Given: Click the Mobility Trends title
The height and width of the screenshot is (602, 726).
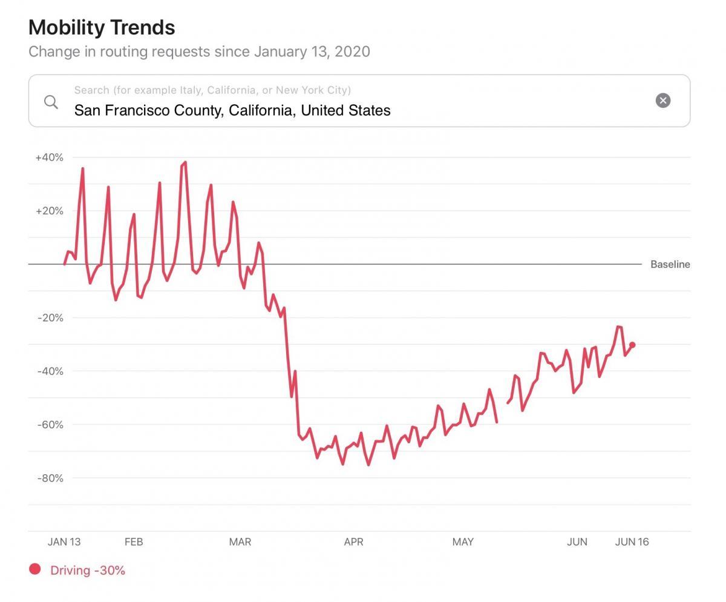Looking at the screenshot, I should tap(102, 27).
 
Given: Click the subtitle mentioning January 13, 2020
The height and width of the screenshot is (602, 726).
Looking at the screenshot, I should tap(199, 51).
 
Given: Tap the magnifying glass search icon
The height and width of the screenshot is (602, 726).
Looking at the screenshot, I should tap(51, 101).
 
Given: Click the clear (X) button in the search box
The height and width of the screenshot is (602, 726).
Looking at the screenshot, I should tap(663, 101).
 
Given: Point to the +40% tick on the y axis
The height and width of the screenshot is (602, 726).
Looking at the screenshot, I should tap(49, 157).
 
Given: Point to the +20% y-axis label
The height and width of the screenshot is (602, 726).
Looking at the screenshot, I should tap(49, 211).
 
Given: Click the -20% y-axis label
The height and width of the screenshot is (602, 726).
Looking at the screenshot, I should tap(50, 317).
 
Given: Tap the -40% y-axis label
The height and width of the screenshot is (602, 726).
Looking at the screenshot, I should tap(50, 371).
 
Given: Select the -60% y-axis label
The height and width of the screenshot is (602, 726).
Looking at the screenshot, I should tap(50, 425).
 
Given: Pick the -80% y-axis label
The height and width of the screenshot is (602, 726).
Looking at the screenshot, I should tap(50, 478).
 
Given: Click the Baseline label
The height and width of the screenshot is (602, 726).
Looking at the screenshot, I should tap(670, 264).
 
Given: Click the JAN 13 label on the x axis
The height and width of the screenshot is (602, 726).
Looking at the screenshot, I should tap(64, 541).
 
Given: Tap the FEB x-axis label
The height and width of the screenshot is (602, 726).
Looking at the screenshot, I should tap(134, 541).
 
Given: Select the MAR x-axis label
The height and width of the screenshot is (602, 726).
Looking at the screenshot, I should tap(240, 541).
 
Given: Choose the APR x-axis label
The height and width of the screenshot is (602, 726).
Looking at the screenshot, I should tap(353, 541).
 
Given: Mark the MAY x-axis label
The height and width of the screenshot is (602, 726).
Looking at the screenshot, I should tap(463, 541).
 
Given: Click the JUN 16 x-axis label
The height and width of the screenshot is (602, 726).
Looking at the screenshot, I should tap(632, 541).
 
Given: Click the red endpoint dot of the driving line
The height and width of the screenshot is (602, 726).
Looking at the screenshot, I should tap(632, 345).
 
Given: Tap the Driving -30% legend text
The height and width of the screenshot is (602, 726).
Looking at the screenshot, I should tap(88, 570).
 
